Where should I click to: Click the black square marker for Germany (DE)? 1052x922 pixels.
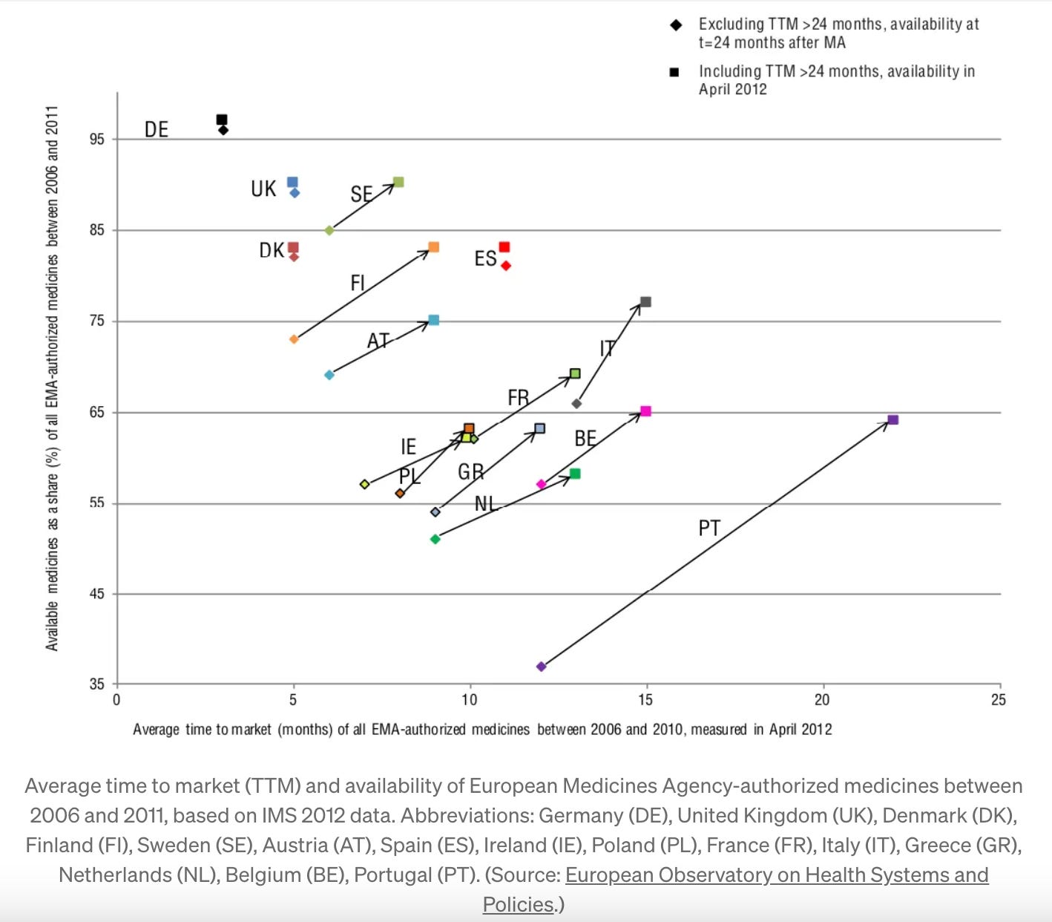[221, 120]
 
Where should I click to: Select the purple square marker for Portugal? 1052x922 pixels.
[893, 420]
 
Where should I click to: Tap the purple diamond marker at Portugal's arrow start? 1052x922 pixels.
[541, 667]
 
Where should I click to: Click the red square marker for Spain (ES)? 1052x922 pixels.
[504, 247]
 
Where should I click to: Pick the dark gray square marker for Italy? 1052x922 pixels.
[645, 302]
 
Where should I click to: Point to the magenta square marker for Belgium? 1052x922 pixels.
[645, 411]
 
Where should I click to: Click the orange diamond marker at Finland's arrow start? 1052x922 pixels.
[294, 339]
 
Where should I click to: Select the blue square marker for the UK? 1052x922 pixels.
[292, 183]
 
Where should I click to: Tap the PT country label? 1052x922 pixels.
[709, 528]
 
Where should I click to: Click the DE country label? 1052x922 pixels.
[157, 130]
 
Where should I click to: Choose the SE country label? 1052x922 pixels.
[361, 194]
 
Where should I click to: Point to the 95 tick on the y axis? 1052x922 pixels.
[97, 140]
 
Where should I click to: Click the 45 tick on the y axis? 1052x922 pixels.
[97, 594]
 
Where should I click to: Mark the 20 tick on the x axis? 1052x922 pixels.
[822, 700]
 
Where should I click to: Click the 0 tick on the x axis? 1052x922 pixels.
[116, 700]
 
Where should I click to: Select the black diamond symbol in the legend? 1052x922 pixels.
[676, 25]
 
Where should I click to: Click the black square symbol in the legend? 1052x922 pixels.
[674, 72]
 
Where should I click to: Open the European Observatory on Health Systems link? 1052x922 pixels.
[776, 875]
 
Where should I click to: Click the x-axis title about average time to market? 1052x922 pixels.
[482, 730]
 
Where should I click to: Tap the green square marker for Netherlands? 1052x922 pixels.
[575, 474]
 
